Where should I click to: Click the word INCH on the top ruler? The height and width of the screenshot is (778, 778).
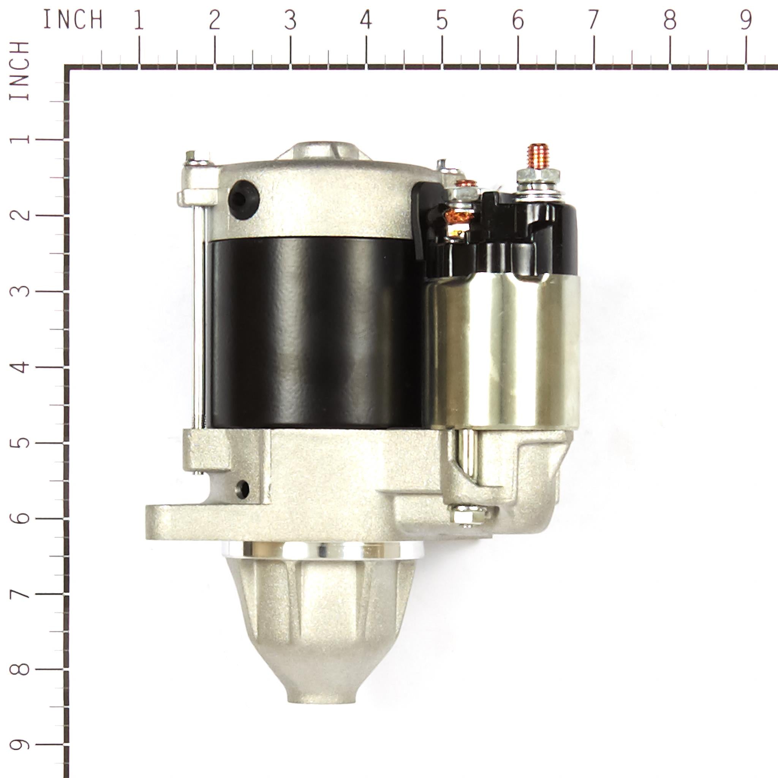point(73,20)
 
